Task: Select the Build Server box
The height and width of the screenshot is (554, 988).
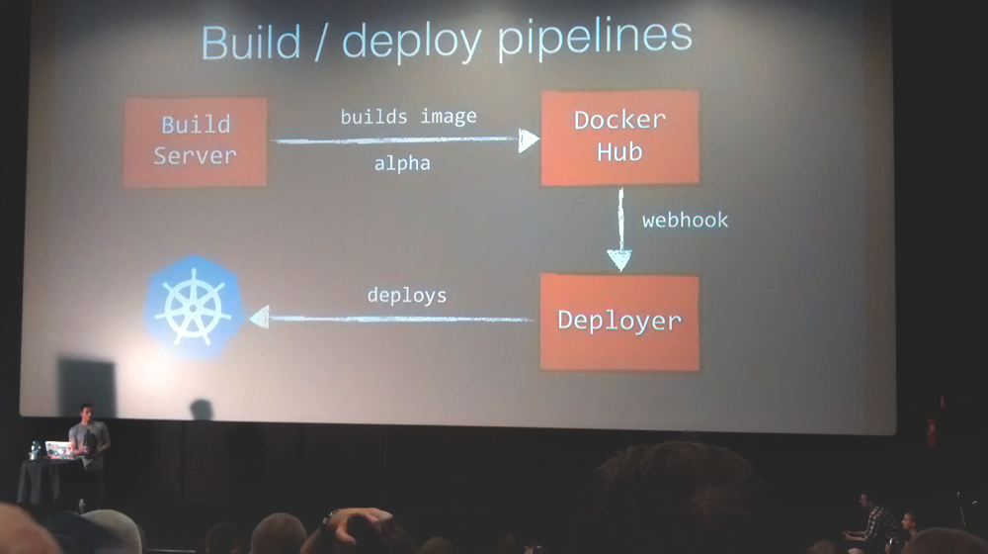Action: [x=196, y=141]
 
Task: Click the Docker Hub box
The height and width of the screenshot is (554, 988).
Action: [x=619, y=137]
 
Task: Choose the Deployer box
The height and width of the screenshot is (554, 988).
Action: [x=619, y=322]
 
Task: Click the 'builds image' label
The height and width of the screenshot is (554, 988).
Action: [x=408, y=117]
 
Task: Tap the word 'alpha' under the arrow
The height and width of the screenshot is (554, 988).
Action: [x=402, y=164]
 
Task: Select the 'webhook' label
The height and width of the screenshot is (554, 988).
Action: [x=685, y=220]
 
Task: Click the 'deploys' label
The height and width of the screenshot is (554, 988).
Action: [x=407, y=295]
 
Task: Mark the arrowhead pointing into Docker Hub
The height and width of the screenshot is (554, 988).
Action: [x=530, y=140]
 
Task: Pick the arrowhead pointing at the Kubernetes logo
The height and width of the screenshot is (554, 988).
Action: [x=259, y=318]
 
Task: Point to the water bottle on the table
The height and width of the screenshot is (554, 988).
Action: [x=36, y=450]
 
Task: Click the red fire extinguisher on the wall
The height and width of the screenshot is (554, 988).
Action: [x=931, y=431]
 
